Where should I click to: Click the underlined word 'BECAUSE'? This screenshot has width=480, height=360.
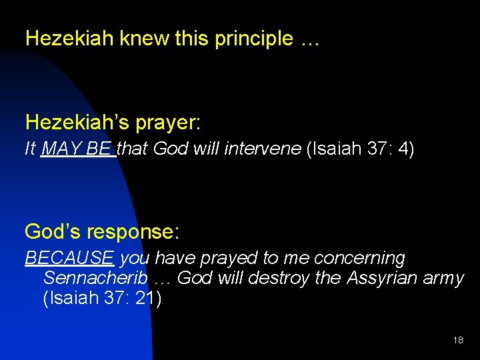click(x=70, y=258)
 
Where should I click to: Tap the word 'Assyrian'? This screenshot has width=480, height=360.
click(x=383, y=279)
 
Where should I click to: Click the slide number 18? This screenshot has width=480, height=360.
click(x=458, y=340)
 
